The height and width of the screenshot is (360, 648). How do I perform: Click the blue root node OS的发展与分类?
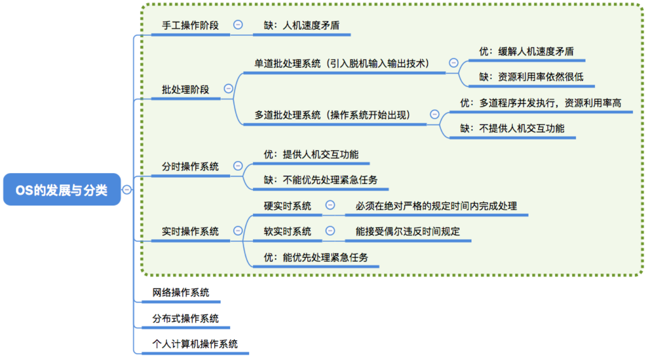pos(62,190)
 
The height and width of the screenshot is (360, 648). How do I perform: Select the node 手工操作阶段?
pos(190,26)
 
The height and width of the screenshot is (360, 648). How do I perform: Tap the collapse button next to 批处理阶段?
pos(228,89)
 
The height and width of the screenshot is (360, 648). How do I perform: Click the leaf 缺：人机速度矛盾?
pos(301,26)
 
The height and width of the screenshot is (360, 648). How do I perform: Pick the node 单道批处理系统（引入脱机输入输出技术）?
pos(341,64)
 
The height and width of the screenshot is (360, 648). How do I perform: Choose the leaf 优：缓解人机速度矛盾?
pos(526,51)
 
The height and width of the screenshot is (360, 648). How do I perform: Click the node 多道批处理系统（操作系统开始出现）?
pos(332,115)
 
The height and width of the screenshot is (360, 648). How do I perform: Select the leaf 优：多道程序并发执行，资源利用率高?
pos(541,103)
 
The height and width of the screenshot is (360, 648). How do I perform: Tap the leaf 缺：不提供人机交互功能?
pos(512,128)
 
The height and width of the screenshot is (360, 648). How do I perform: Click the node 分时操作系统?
pos(190,167)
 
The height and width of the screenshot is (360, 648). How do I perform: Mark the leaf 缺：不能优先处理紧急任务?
pos(321,180)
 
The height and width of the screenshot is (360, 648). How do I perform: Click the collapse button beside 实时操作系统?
pos(238,231)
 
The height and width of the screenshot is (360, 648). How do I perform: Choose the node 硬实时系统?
pos(287,206)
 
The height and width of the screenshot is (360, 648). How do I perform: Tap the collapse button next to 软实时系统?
pos(330,231)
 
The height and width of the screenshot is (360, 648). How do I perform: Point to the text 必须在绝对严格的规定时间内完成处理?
pos(436,206)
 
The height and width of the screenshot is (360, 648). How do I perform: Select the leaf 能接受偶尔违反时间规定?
pos(408,231)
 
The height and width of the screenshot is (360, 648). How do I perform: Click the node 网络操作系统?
pos(181,293)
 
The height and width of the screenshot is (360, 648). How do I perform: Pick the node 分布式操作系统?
pos(185,319)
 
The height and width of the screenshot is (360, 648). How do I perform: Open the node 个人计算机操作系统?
pos(195,344)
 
